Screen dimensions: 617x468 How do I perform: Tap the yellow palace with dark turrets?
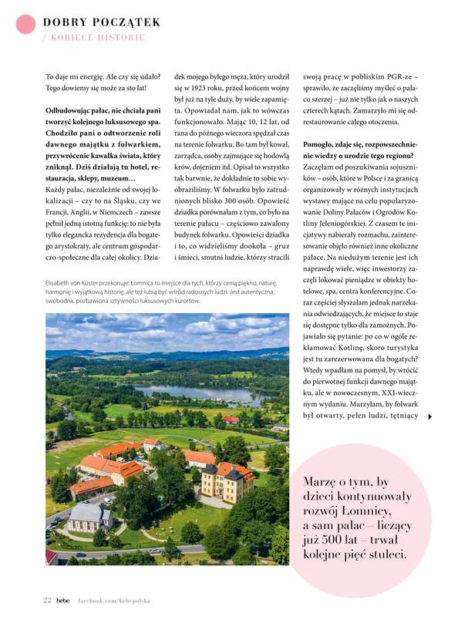[x=228, y=483]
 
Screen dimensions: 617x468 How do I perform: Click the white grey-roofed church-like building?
[x=89, y=517]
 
